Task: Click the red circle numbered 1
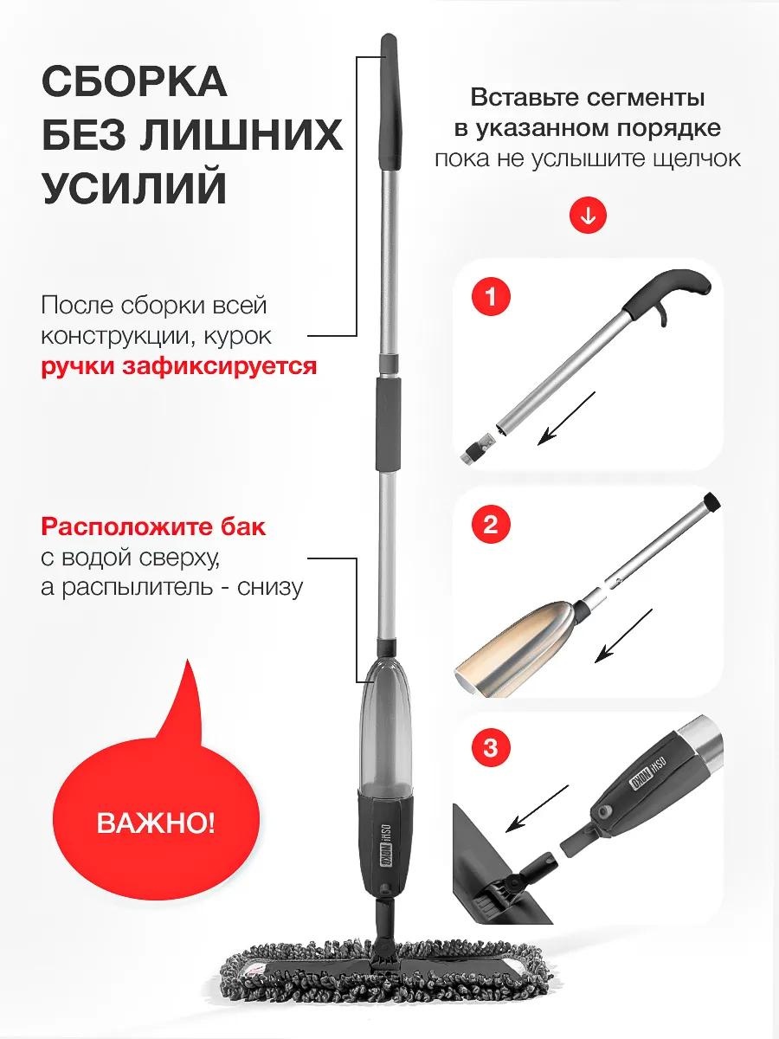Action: tap(491, 298)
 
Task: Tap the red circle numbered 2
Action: tap(491, 525)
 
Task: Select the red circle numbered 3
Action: tap(491, 748)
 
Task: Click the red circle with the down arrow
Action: tap(589, 216)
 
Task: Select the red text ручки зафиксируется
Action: tap(179, 367)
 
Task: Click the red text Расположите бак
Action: tap(154, 527)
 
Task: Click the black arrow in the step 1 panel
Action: tap(566, 418)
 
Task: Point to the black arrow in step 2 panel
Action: tap(623, 636)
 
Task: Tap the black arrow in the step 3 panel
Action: tap(537, 809)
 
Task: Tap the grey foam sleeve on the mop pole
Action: tap(389, 423)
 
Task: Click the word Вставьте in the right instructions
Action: tap(523, 98)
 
